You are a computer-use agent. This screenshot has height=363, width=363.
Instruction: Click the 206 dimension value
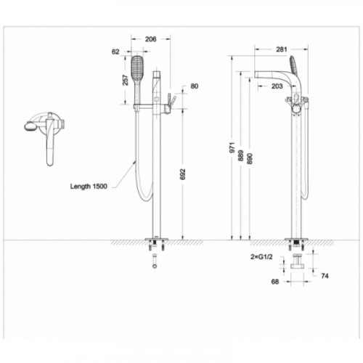click(150, 39)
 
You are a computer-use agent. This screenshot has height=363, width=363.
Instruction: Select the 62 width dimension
click(115, 52)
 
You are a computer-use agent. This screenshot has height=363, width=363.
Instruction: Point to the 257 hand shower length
click(126, 80)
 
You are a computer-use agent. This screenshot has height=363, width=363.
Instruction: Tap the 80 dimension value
click(195, 86)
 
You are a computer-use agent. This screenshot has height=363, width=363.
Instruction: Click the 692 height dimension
click(183, 174)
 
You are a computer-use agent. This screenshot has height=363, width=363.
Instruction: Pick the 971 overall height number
click(232, 147)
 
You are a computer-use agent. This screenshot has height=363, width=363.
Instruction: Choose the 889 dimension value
click(241, 155)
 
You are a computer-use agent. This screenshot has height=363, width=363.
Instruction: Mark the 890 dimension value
click(250, 158)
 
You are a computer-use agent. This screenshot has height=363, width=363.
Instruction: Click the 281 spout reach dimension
click(282, 49)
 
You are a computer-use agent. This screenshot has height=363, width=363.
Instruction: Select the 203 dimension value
click(277, 86)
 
